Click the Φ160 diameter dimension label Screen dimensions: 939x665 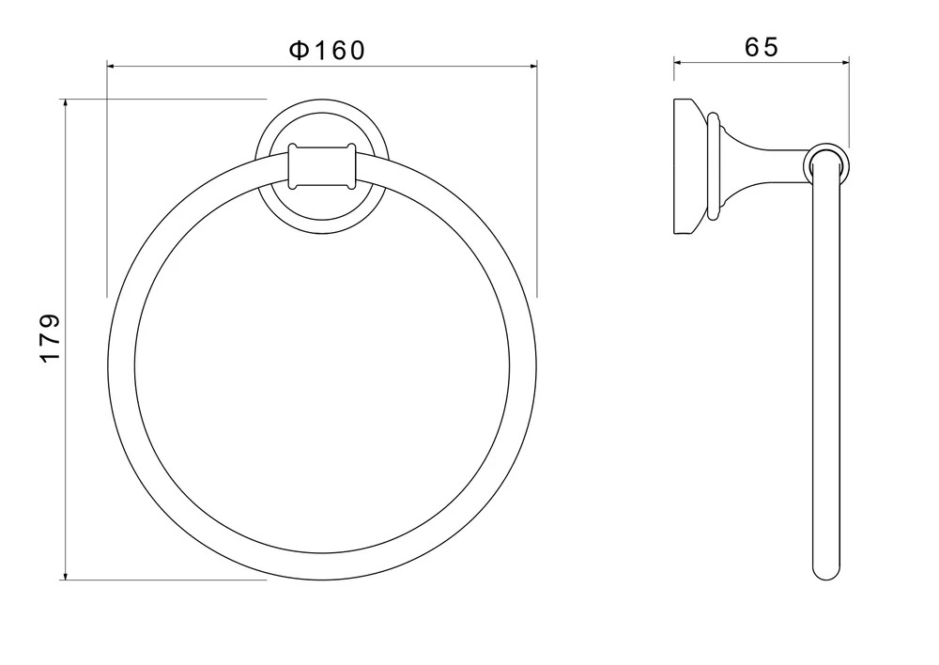327,51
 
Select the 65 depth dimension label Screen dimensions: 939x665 762,47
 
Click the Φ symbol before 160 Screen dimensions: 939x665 299,51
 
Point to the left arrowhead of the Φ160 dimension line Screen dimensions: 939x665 112,67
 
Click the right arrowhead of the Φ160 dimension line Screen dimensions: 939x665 531,67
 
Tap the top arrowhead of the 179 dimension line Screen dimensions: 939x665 66,103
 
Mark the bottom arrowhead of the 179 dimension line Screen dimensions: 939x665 66,575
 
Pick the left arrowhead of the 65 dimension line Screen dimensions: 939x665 679,61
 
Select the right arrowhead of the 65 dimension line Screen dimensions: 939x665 844,61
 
